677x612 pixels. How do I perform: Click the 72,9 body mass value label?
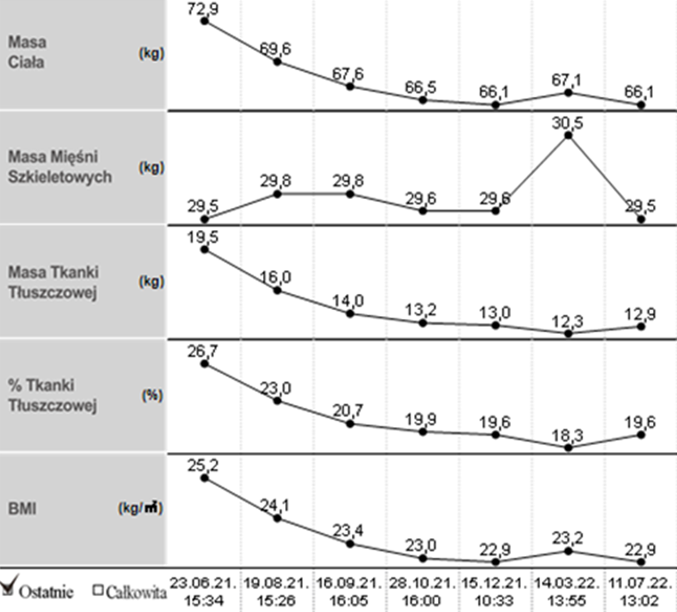[203, 8]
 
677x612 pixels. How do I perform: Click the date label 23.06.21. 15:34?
[203, 590]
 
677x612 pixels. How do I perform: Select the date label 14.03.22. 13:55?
[568, 590]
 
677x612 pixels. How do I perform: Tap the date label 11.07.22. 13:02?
[641, 590]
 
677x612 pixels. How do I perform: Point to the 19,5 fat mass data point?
[204, 250]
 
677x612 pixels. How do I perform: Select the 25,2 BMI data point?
[204, 478]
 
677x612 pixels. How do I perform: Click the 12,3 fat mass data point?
[568, 333]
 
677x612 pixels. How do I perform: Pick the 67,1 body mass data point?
[568, 92]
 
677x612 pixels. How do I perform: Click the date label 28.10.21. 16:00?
[422, 590]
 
